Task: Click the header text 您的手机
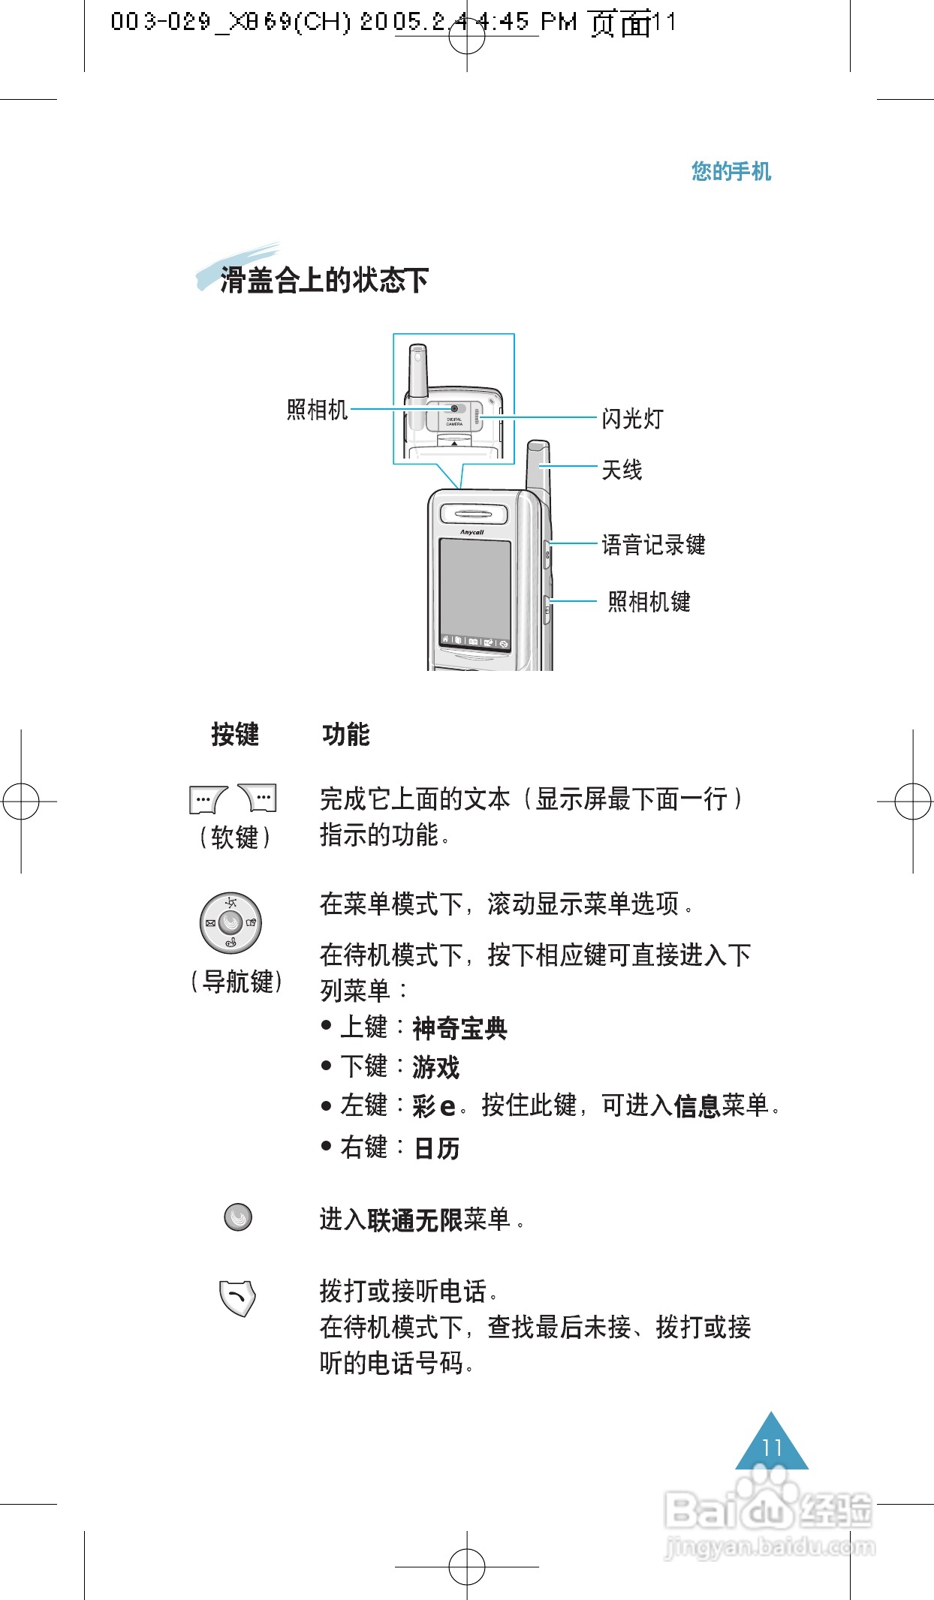point(731,172)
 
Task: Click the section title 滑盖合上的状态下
point(324,281)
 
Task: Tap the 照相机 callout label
point(317,410)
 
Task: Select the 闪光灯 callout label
point(632,419)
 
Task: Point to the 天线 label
point(622,471)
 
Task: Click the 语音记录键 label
point(653,545)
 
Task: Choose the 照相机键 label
point(649,602)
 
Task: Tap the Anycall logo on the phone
point(472,532)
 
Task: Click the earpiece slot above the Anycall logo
point(473,514)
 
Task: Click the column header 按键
point(235,734)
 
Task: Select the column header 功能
point(346,734)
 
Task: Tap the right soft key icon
point(258,798)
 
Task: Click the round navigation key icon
point(230,923)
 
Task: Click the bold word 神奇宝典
point(459,1028)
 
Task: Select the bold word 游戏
point(435,1067)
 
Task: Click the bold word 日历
point(436,1148)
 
